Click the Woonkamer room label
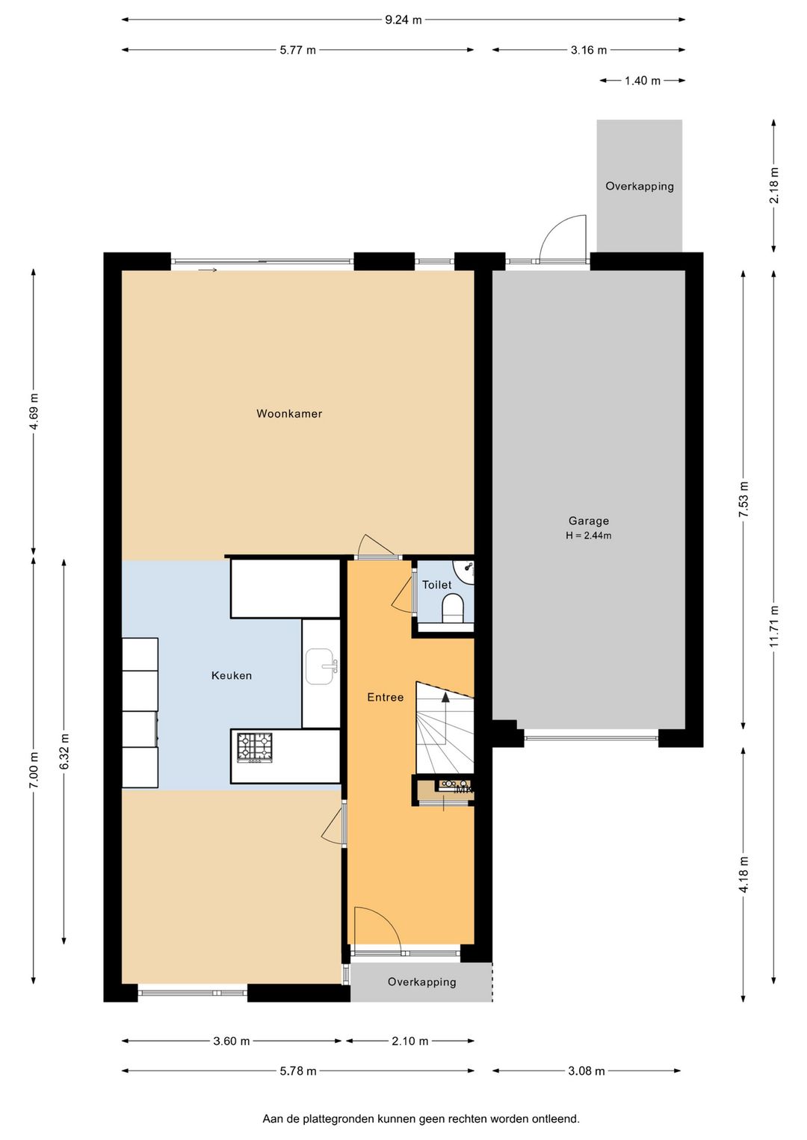click(289, 414)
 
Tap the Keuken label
click(232, 675)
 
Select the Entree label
click(386, 697)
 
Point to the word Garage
click(589, 521)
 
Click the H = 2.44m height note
click(589, 536)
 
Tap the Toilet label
click(437, 585)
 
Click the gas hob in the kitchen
click(255, 748)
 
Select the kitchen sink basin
click(320, 666)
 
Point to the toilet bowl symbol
click(452, 609)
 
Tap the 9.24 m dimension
click(403, 20)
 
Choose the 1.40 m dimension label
click(643, 81)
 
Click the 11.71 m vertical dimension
click(774, 627)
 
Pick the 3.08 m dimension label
click(587, 1071)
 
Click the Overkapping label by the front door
click(421, 982)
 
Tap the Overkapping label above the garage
click(640, 186)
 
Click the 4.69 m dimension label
click(34, 411)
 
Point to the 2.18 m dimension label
click(774, 185)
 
